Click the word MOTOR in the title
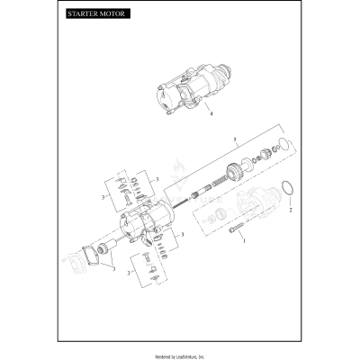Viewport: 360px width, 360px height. tap(113, 16)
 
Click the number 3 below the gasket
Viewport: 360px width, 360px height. tap(114, 269)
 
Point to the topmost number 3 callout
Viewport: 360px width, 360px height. tap(157, 179)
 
